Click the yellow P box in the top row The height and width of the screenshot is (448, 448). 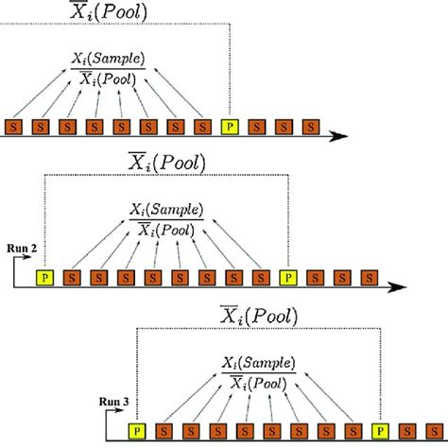point(228,126)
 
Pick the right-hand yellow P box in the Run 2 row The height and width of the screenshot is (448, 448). point(287,278)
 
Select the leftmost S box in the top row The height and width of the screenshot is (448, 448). point(14,126)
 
